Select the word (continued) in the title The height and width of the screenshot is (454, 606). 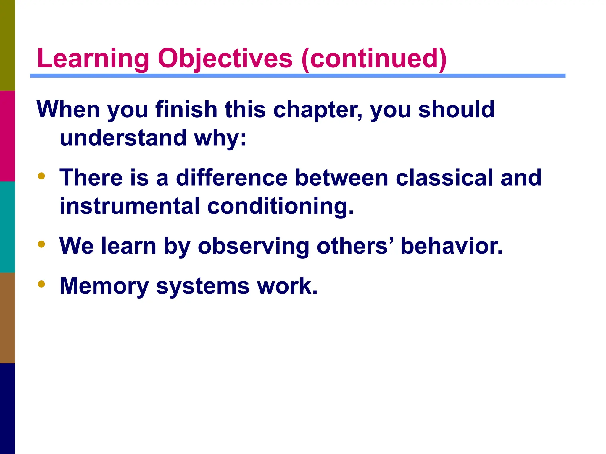point(374,59)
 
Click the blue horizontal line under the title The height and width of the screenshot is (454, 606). point(298,76)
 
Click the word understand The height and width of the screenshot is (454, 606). point(123,138)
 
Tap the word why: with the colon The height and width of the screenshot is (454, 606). point(220,138)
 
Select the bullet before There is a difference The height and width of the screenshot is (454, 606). point(41,176)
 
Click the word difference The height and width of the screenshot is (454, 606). point(232,178)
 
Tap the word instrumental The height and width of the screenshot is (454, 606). point(130,206)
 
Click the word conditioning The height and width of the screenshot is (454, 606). point(280,207)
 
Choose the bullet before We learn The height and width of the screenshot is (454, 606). point(41,244)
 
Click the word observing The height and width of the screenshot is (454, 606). point(253,246)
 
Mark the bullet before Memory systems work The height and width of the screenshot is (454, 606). point(41,284)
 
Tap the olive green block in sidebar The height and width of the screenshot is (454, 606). point(7,45)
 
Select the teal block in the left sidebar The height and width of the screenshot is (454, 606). point(7,227)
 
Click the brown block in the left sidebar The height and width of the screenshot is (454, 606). point(7,317)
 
